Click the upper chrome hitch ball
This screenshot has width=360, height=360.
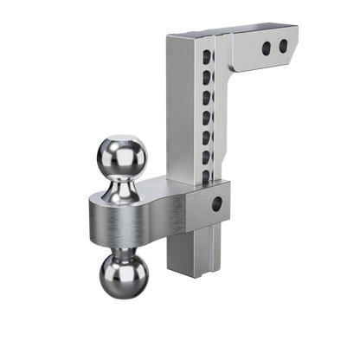pos(127,154)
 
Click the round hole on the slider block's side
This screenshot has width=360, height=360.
pos(216,205)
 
